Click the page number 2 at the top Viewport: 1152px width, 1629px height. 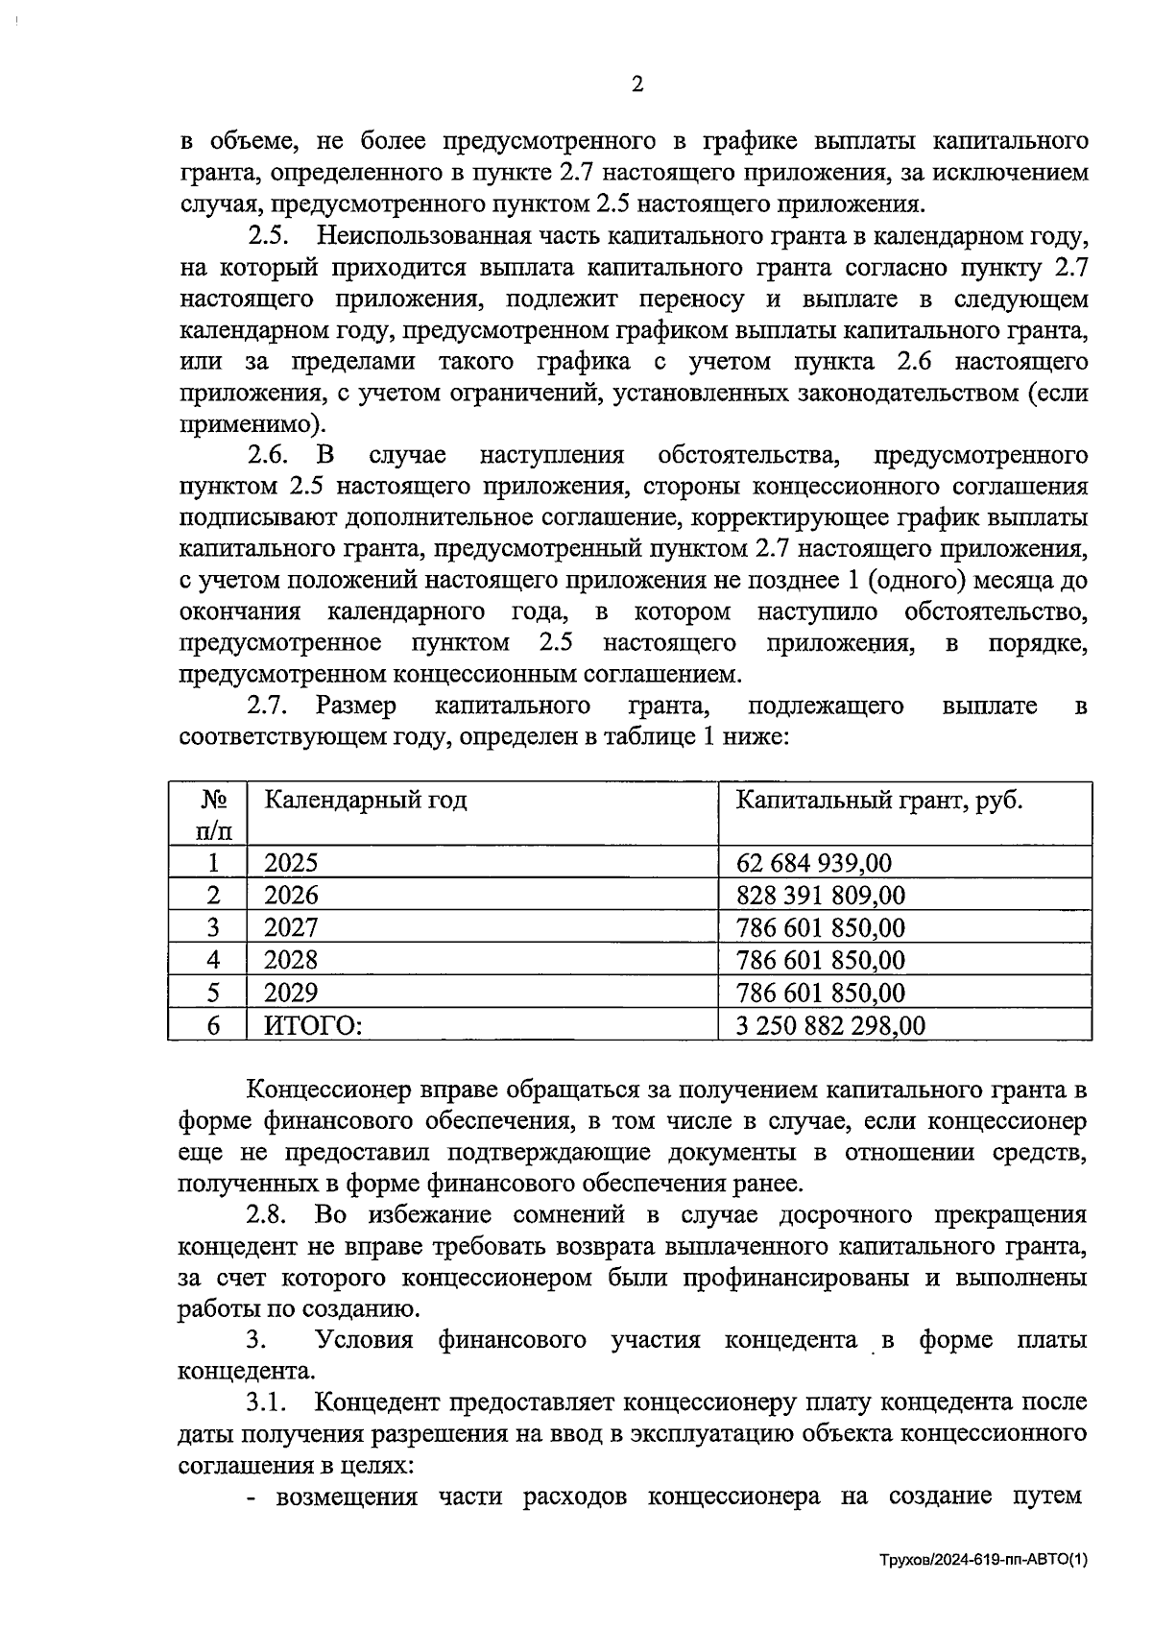(x=636, y=84)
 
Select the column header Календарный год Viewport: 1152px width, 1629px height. (x=365, y=800)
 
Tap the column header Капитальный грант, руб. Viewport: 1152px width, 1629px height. (x=878, y=800)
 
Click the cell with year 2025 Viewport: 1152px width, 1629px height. (x=290, y=862)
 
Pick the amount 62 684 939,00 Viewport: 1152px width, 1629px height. (x=813, y=862)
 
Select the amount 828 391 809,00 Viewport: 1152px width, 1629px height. (x=820, y=895)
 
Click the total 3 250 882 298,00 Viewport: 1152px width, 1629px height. (x=830, y=1025)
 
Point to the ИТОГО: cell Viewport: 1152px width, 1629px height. (x=313, y=1025)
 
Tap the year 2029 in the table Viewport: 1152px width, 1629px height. (x=290, y=992)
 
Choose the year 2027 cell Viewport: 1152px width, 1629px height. (x=290, y=927)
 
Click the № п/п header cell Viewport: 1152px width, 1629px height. (x=213, y=813)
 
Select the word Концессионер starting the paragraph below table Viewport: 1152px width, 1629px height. (x=328, y=1090)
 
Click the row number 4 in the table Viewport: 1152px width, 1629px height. (x=213, y=960)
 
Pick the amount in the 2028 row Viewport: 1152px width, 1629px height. (x=820, y=960)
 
